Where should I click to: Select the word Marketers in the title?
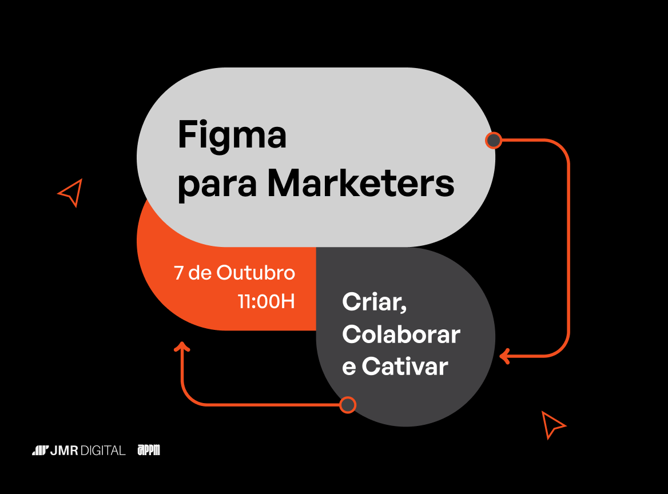click(x=361, y=184)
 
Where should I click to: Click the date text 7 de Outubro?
click(x=234, y=273)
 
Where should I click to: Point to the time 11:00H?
click(x=267, y=301)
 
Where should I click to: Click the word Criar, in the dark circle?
click(x=374, y=302)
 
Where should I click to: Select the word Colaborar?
click(x=401, y=334)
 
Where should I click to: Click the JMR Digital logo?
click(x=78, y=451)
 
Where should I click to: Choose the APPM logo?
click(x=149, y=451)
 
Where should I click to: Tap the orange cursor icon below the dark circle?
click(x=552, y=424)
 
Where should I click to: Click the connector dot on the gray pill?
click(x=493, y=140)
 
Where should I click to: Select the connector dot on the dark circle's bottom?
click(x=347, y=405)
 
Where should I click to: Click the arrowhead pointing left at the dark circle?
click(x=504, y=356)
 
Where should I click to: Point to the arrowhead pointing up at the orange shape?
click(x=182, y=346)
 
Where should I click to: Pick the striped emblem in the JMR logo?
click(x=40, y=451)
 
